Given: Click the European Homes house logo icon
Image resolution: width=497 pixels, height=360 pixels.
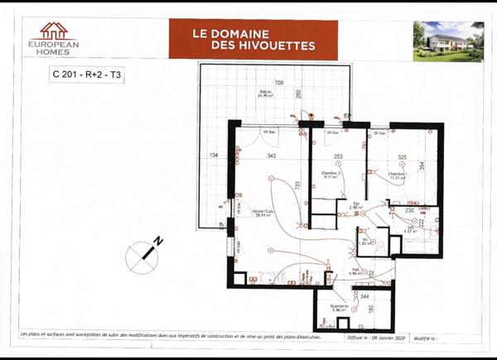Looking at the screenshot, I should [53, 31].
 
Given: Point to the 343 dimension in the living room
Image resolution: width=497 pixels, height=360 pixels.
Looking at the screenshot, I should [271, 156].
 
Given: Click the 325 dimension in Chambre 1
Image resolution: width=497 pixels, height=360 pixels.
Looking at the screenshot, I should [402, 156].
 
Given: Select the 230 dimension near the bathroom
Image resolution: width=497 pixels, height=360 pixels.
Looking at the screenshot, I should [408, 210].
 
